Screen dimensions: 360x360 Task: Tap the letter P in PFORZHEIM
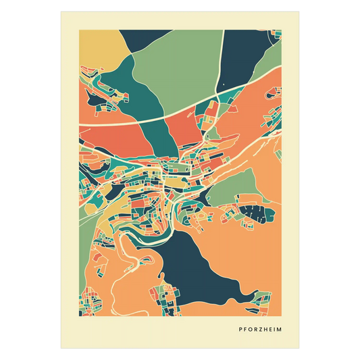pos(240,330)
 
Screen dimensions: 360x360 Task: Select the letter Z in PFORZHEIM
pos(257,330)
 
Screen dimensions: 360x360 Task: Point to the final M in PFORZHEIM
pos(280,330)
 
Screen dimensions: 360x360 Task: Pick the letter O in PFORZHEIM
pos(248,330)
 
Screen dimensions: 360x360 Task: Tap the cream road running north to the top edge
pos(219,68)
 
